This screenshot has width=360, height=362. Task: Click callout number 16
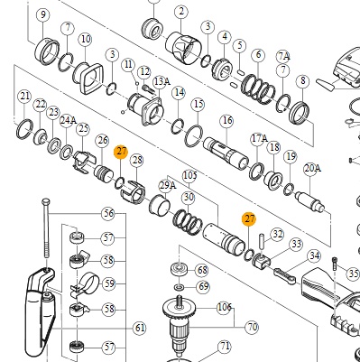tap(226, 121)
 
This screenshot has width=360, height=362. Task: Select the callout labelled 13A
tap(162, 81)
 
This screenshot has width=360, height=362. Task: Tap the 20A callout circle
tap(312, 169)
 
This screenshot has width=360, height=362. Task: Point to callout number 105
tap(190, 175)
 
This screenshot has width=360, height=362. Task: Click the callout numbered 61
tap(140, 328)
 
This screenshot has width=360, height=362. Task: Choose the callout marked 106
tap(224, 308)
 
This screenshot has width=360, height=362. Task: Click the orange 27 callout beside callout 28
tap(121, 152)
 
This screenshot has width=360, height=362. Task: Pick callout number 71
tap(225, 347)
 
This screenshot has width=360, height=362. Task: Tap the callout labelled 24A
tap(68, 120)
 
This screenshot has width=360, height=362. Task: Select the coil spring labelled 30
tap(188, 222)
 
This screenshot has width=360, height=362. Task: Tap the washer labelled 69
tap(180, 287)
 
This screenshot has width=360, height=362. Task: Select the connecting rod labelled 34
tap(284, 277)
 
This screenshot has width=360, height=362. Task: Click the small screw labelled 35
tap(335, 264)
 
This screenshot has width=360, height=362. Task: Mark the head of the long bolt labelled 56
tap(46, 201)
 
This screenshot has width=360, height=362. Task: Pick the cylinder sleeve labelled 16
tap(226, 153)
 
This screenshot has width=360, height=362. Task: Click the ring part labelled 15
tap(194, 136)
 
